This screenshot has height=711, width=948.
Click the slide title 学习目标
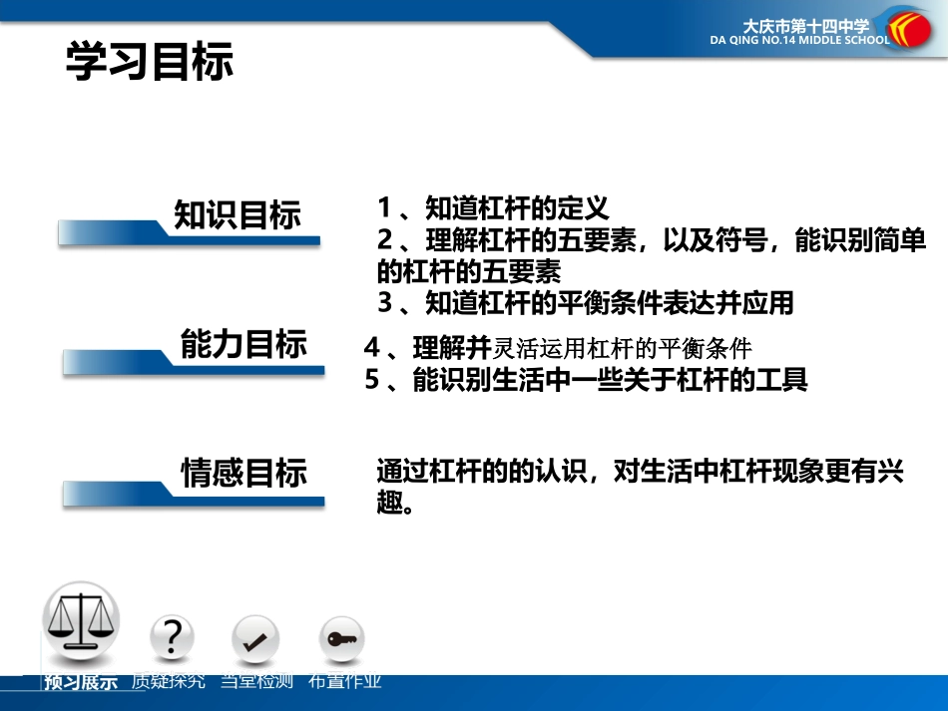click(150, 61)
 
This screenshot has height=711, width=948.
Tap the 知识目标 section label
click(237, 215)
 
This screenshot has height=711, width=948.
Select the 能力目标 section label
click(243, 345)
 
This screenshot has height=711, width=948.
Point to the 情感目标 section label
click(243, 473)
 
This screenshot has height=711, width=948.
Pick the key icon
click(341, 639)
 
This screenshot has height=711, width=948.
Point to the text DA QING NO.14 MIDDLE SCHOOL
click(799, 42)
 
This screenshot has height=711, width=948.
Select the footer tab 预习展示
click(81, 683)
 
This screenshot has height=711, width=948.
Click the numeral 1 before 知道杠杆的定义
click(385, 208)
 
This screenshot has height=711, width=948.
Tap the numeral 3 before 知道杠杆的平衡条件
click(385, 302)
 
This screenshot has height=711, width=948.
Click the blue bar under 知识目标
click(190, 235)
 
